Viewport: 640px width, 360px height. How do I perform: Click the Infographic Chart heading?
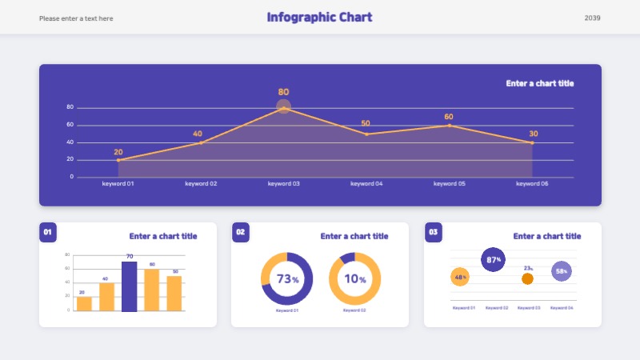[319, 18]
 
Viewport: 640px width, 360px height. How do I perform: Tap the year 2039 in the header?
[592, 18]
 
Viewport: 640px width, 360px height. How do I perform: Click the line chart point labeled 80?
[283, 107]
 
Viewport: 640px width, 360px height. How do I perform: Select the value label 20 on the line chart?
[118, 152]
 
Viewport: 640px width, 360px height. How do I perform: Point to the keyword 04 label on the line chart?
[366, 184]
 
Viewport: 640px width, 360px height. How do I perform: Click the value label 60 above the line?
[449, 117]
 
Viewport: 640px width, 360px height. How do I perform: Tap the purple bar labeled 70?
[129, 286]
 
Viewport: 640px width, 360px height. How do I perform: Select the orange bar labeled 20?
[84, 303]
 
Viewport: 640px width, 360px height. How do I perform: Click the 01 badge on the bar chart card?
[47, 232]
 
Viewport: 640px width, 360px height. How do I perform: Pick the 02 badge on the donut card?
[241, 232]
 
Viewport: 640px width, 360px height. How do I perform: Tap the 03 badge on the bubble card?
[434, 232]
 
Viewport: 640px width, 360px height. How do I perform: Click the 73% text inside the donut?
[286, 279]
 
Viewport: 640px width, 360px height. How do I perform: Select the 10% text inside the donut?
[354, 279]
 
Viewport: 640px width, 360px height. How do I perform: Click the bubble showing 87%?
[494, 259]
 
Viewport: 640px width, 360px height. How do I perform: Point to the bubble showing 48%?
[460, 278]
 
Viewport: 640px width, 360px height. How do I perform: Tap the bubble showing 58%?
[562, 271]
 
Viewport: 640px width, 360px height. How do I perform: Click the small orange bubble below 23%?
[527, 278]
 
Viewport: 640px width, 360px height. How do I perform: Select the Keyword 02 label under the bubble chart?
[497, 307]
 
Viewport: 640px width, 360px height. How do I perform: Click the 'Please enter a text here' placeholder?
[76, 18]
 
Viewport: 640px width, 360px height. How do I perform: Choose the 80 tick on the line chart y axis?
[70, 107]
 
